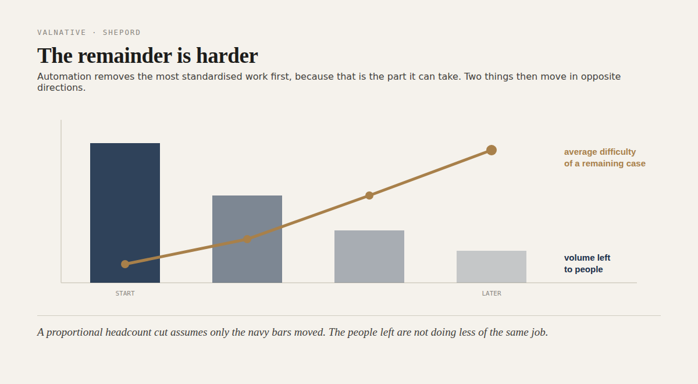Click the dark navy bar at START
pos(125,213)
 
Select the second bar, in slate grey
pos(247,239)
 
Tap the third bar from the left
pos(369,257)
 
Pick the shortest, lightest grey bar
pos(492,266)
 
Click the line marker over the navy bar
pos(125,264)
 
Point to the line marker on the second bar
pos(247,239)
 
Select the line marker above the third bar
pos(369,195)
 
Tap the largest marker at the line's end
pos(492,150)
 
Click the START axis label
pos(125,293)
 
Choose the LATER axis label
pos(492,293)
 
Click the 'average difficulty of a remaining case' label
pos(604,158)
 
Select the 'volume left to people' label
pos(587,264)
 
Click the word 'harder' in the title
pos(227,56)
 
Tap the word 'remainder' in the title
pos(125,56)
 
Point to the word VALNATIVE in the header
pos(62,33)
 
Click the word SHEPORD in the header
pos(122,33)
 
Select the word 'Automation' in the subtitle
pos(64,76)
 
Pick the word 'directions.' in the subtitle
pos(62,88)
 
